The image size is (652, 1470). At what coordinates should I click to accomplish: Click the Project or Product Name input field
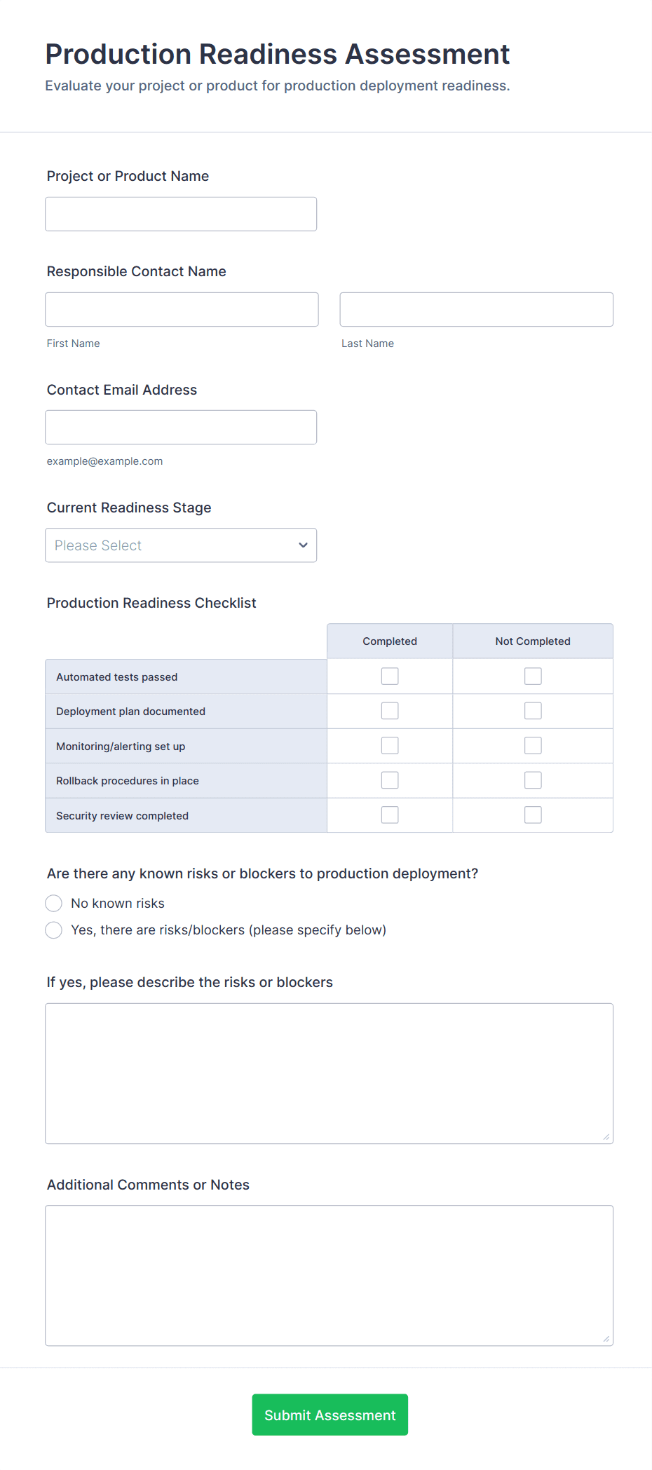[x=181, y=214]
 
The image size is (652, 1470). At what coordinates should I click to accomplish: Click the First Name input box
[x=182, y=309]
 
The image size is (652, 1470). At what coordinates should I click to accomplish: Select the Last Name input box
[x=476, y=309]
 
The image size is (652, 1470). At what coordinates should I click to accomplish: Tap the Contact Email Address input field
[x=181, y=427]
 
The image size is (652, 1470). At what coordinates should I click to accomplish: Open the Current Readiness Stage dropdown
[x=181, y=545]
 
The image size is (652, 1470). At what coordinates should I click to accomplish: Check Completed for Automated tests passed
[x=390, y=676]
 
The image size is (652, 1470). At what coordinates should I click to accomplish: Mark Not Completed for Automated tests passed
[x=533, y=676]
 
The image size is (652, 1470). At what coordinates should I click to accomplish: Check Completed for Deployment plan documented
[x=390, y=711]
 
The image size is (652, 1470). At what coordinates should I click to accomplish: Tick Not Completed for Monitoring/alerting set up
[x=533, y=745]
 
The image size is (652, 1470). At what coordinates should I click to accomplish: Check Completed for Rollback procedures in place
[x=390, y=780]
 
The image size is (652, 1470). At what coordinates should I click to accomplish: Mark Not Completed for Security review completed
[x=533, y=815]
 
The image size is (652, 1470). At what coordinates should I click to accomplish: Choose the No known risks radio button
[x=54, y=903]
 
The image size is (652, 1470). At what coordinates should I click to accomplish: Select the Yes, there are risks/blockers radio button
[x=54, y=930]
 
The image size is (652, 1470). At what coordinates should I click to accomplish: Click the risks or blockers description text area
[x=329, y=1073]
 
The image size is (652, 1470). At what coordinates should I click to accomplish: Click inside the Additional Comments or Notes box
[x=329, y=1275]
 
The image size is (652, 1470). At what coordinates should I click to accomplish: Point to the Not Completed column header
[x=533, y=641]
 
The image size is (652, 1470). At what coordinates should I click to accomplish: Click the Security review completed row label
[x=123, y=816]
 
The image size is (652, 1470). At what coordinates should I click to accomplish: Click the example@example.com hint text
[x=104, y=461]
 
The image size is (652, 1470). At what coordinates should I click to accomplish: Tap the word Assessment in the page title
[x=427, y=54]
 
